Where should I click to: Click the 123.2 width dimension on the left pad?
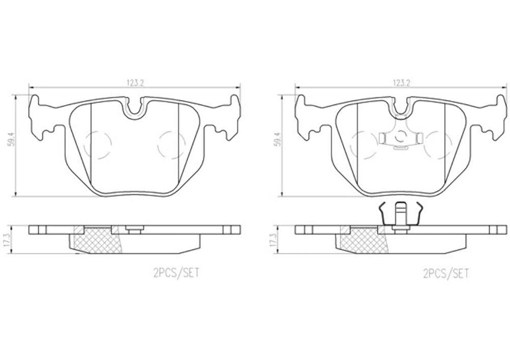(x=135, y=83)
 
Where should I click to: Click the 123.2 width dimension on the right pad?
(x=401, y=83)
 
